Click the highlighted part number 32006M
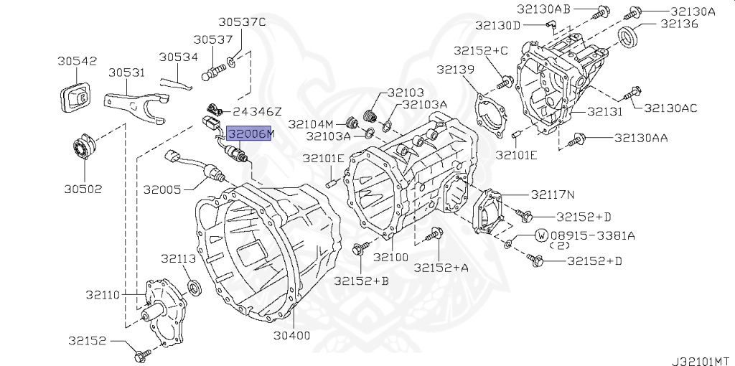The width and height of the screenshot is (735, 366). [x=249, y=133]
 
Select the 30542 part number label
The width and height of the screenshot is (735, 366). [x=78, y=61]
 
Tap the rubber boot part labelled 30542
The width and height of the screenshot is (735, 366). [x=75, y=98]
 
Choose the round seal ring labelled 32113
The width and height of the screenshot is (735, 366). [x=195, y=287]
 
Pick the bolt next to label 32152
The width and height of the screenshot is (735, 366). [x=142, y=353]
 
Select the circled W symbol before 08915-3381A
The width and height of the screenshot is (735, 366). [x=541, y=235]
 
